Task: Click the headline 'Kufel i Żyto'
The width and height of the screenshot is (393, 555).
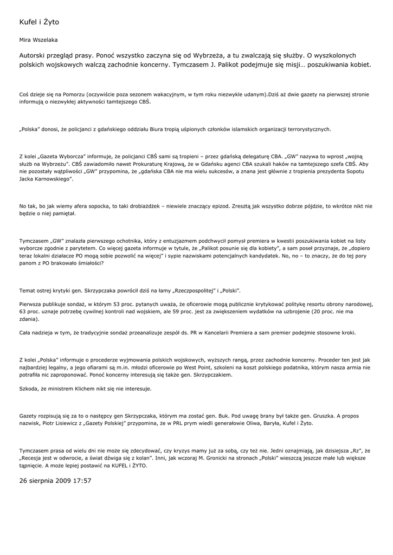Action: coord(39,22)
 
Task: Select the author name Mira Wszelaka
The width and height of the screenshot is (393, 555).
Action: coord(38,40)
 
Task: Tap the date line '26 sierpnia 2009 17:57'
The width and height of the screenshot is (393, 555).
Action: coord(55,481)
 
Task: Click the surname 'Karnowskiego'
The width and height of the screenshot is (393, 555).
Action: coord(54,178)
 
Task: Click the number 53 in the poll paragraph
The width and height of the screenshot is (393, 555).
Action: coord(116,304)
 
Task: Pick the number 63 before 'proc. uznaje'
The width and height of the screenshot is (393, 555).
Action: coord(23,312)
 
